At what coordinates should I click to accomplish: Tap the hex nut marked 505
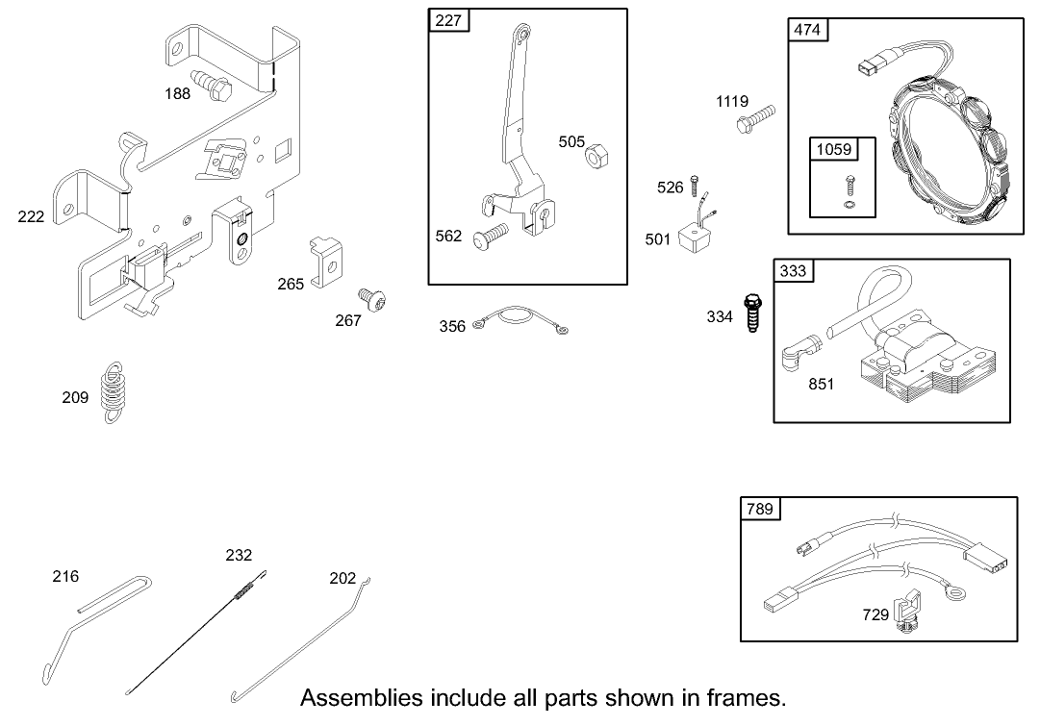click(596, 155)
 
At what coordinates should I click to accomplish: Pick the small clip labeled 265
click(325, 258)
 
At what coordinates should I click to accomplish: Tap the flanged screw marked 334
click(752, 316)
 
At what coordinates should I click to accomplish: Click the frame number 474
click(807, 30)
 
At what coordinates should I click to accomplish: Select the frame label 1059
click(833, 149)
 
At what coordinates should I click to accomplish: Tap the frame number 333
click(793, 271)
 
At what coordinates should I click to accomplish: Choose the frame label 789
click(759, 509)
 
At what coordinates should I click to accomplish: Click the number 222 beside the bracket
click(31, 217)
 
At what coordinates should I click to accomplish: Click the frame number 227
click(447, 21)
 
